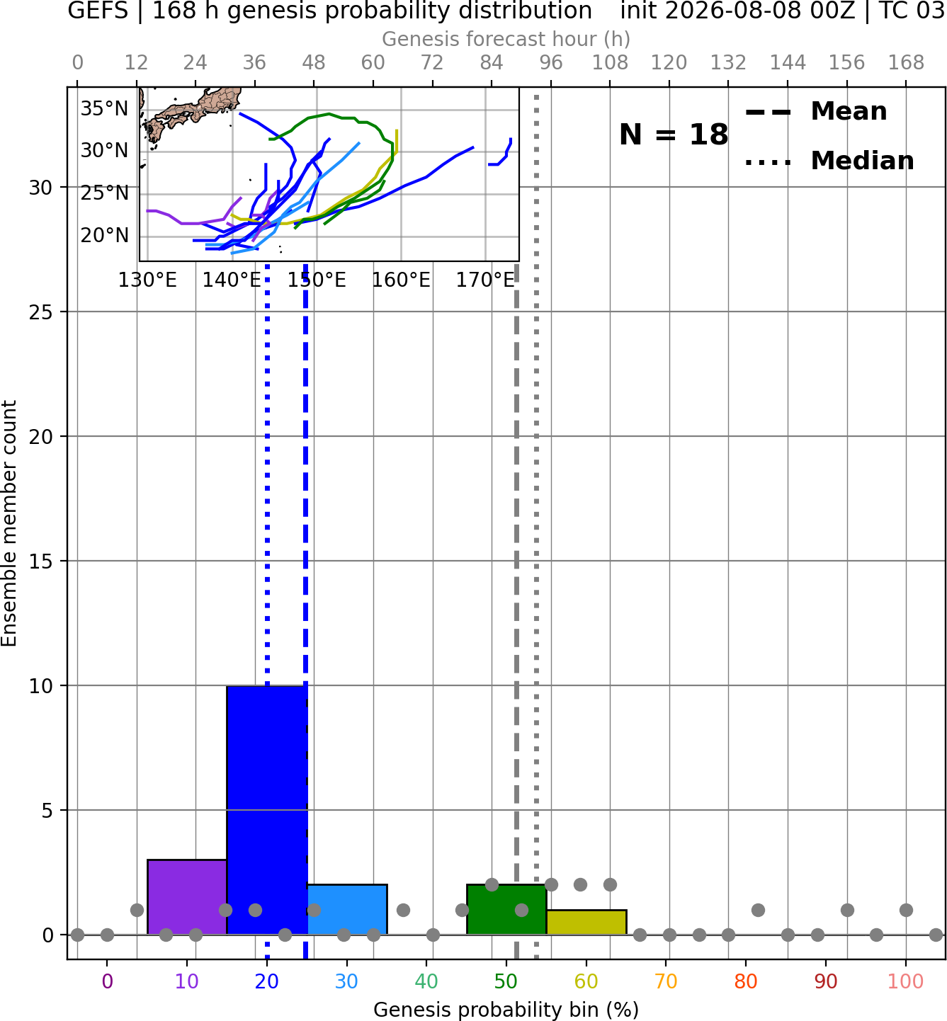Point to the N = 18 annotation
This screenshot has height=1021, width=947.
pyautogui.click(x=674, y=135)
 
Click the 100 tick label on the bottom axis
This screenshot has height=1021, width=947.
pyautogui.click(x=905, y=981)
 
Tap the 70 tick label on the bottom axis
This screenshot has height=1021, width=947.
pyautogui.click(x=666, y=981)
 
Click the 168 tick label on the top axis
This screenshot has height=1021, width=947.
pyautogui.click(x=906, y=63)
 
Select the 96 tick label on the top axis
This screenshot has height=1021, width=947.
pyautogui.click(x=551, y=63)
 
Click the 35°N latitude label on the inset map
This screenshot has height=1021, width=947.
pyautogui.click(x=104, y=109)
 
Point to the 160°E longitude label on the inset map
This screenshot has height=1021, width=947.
pyautogui.click(x=401, y=280)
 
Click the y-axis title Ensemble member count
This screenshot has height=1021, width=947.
pyautogui.click(x=9, y=523)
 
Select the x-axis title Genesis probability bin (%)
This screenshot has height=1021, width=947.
pyautogui.click(x=506, y=1010)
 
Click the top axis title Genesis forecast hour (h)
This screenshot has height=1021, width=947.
pyautogui.click(x=506, y=39)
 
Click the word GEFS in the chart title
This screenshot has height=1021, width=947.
pyautogui.click(x=98, y=11)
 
